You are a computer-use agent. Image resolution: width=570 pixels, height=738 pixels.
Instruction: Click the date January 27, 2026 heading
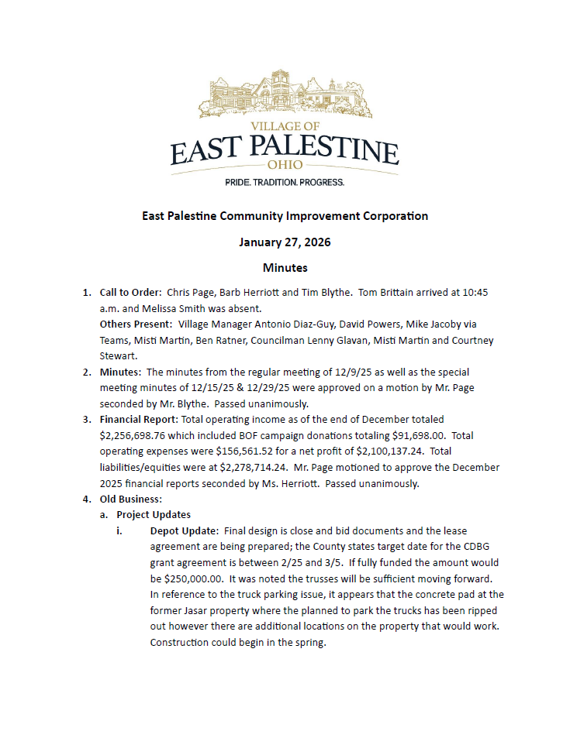click(x=285, y=242)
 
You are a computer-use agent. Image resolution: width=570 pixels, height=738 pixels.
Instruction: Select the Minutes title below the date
click(x=285, y=268)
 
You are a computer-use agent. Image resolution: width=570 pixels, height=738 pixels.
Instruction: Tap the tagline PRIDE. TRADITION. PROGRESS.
click(x=285, y=183)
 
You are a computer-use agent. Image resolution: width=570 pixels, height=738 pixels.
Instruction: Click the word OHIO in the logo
click(x=285, y=165)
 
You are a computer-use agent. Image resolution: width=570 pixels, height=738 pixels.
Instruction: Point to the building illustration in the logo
click(x=285, y=96)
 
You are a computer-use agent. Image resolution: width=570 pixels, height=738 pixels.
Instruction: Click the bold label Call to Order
click(x=130, y=293)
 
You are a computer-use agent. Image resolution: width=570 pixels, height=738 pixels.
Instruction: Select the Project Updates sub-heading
click(x=154, y=514)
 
